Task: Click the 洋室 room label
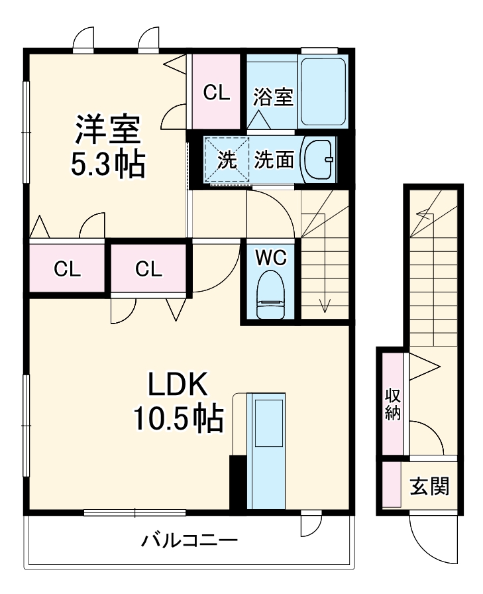[x=107, y=130]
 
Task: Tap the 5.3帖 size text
[x=107, y=164]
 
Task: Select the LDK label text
[x=178, y=385]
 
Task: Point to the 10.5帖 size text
[x=178, y=418]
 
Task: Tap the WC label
[x=271, y=257]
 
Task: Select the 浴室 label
[x=273, y=97]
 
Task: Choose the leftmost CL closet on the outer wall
[x=67, y=268]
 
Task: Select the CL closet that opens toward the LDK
[x=149, y=268]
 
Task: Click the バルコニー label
[x=189, y=540]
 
